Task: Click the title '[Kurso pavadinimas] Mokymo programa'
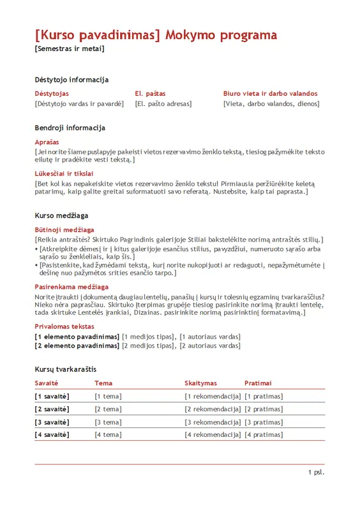[x=156, y=35]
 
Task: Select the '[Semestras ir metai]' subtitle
[x=70, y=49]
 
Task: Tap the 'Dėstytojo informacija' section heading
[x=71, y=80]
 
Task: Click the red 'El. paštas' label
[x=150, y=93]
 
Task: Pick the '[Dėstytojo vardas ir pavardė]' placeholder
[x=79, y=103]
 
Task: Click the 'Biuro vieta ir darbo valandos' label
[x=270, y=93]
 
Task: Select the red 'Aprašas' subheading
[x=47, y=142]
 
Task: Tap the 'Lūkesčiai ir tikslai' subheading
[x=64, y=173]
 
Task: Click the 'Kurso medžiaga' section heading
[x=61, y=216]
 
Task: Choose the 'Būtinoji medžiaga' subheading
[x=64, y=229]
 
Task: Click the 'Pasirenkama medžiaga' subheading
[x=71, y=287]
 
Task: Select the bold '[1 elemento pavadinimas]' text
[x=77, y=336]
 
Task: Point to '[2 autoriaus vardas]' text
[x=210, y=346]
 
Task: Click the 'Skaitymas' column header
[x=200, y=383]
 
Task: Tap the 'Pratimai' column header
[x=258, y=383]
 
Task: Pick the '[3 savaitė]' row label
[x=52, y=422]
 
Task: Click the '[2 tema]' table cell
[x=108, y=409]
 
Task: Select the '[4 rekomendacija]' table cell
[x=213, y=434]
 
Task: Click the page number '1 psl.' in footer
[x=316, y=472]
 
